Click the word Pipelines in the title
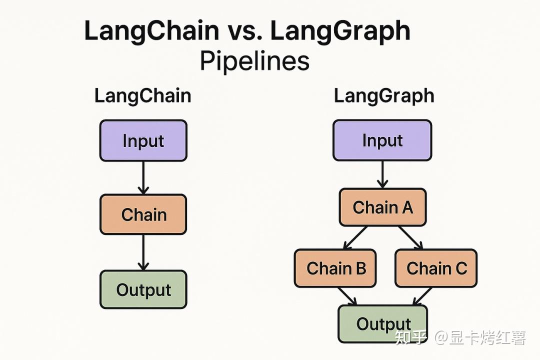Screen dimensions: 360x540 [x=254, y=62]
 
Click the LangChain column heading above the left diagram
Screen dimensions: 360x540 [x=142, y=95]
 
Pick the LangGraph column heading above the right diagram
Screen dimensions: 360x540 [x=383, y=95]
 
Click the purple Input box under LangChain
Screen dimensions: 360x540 [x=143, y=140]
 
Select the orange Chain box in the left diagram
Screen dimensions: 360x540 [x=143, y=214]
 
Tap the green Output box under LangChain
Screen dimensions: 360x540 [x=143, y=289]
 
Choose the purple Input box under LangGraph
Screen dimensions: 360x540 [x=382, y=140]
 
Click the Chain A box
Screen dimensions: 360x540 [x=382, y=207]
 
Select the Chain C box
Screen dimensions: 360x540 [x=436, y=268]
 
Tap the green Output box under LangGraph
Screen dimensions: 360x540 [x=383, y=323]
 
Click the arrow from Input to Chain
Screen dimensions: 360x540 [x=143, y=177]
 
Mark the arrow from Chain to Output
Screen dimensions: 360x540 [x=143, y=252]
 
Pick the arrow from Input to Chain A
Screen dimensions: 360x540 [x=382, y=174]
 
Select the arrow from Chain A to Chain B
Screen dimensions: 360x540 [x=355, y=237]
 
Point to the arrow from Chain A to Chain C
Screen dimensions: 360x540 [x=410, y=237]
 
